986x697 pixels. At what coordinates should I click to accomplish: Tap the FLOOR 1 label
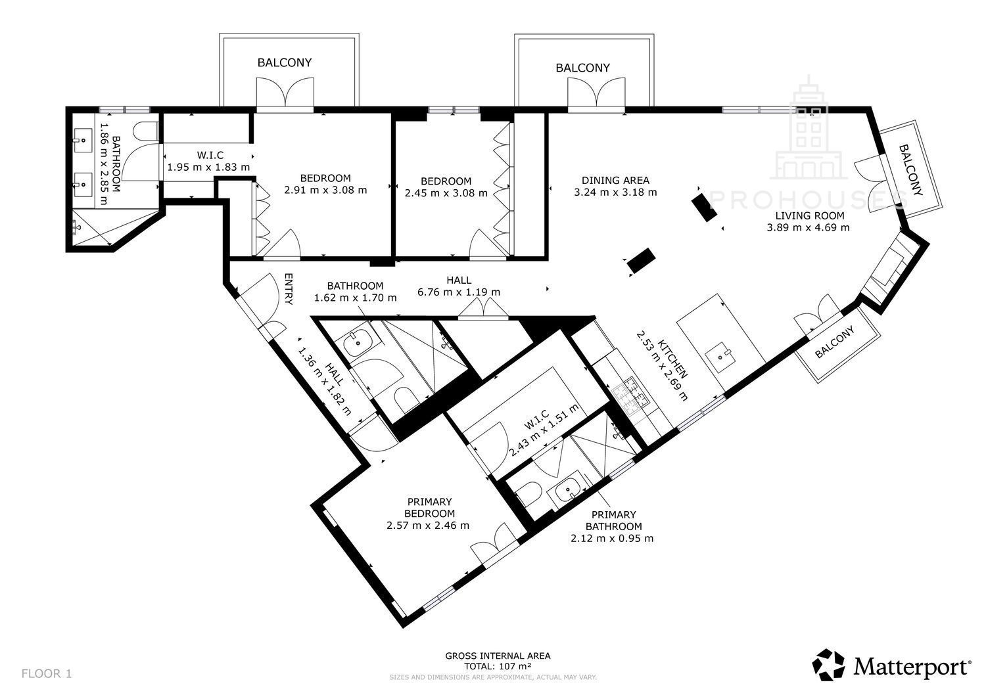47,673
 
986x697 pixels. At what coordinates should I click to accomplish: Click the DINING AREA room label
615,180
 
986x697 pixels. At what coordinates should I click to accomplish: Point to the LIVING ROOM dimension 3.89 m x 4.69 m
808,227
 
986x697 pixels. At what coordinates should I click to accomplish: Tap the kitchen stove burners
631,396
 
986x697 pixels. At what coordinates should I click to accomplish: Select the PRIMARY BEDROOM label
430,507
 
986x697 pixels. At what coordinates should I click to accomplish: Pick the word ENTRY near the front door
289,289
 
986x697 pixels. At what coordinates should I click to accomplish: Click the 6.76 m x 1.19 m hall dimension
459,292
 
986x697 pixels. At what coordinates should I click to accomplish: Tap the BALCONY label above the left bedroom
285,62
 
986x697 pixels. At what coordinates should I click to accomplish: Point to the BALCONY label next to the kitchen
834,342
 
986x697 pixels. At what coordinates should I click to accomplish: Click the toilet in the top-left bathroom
145,131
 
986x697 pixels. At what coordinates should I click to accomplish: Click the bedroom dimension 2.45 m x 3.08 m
446,192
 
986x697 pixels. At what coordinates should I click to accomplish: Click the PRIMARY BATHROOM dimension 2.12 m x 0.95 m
612,538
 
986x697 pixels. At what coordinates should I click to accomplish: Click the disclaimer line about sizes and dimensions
492,677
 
